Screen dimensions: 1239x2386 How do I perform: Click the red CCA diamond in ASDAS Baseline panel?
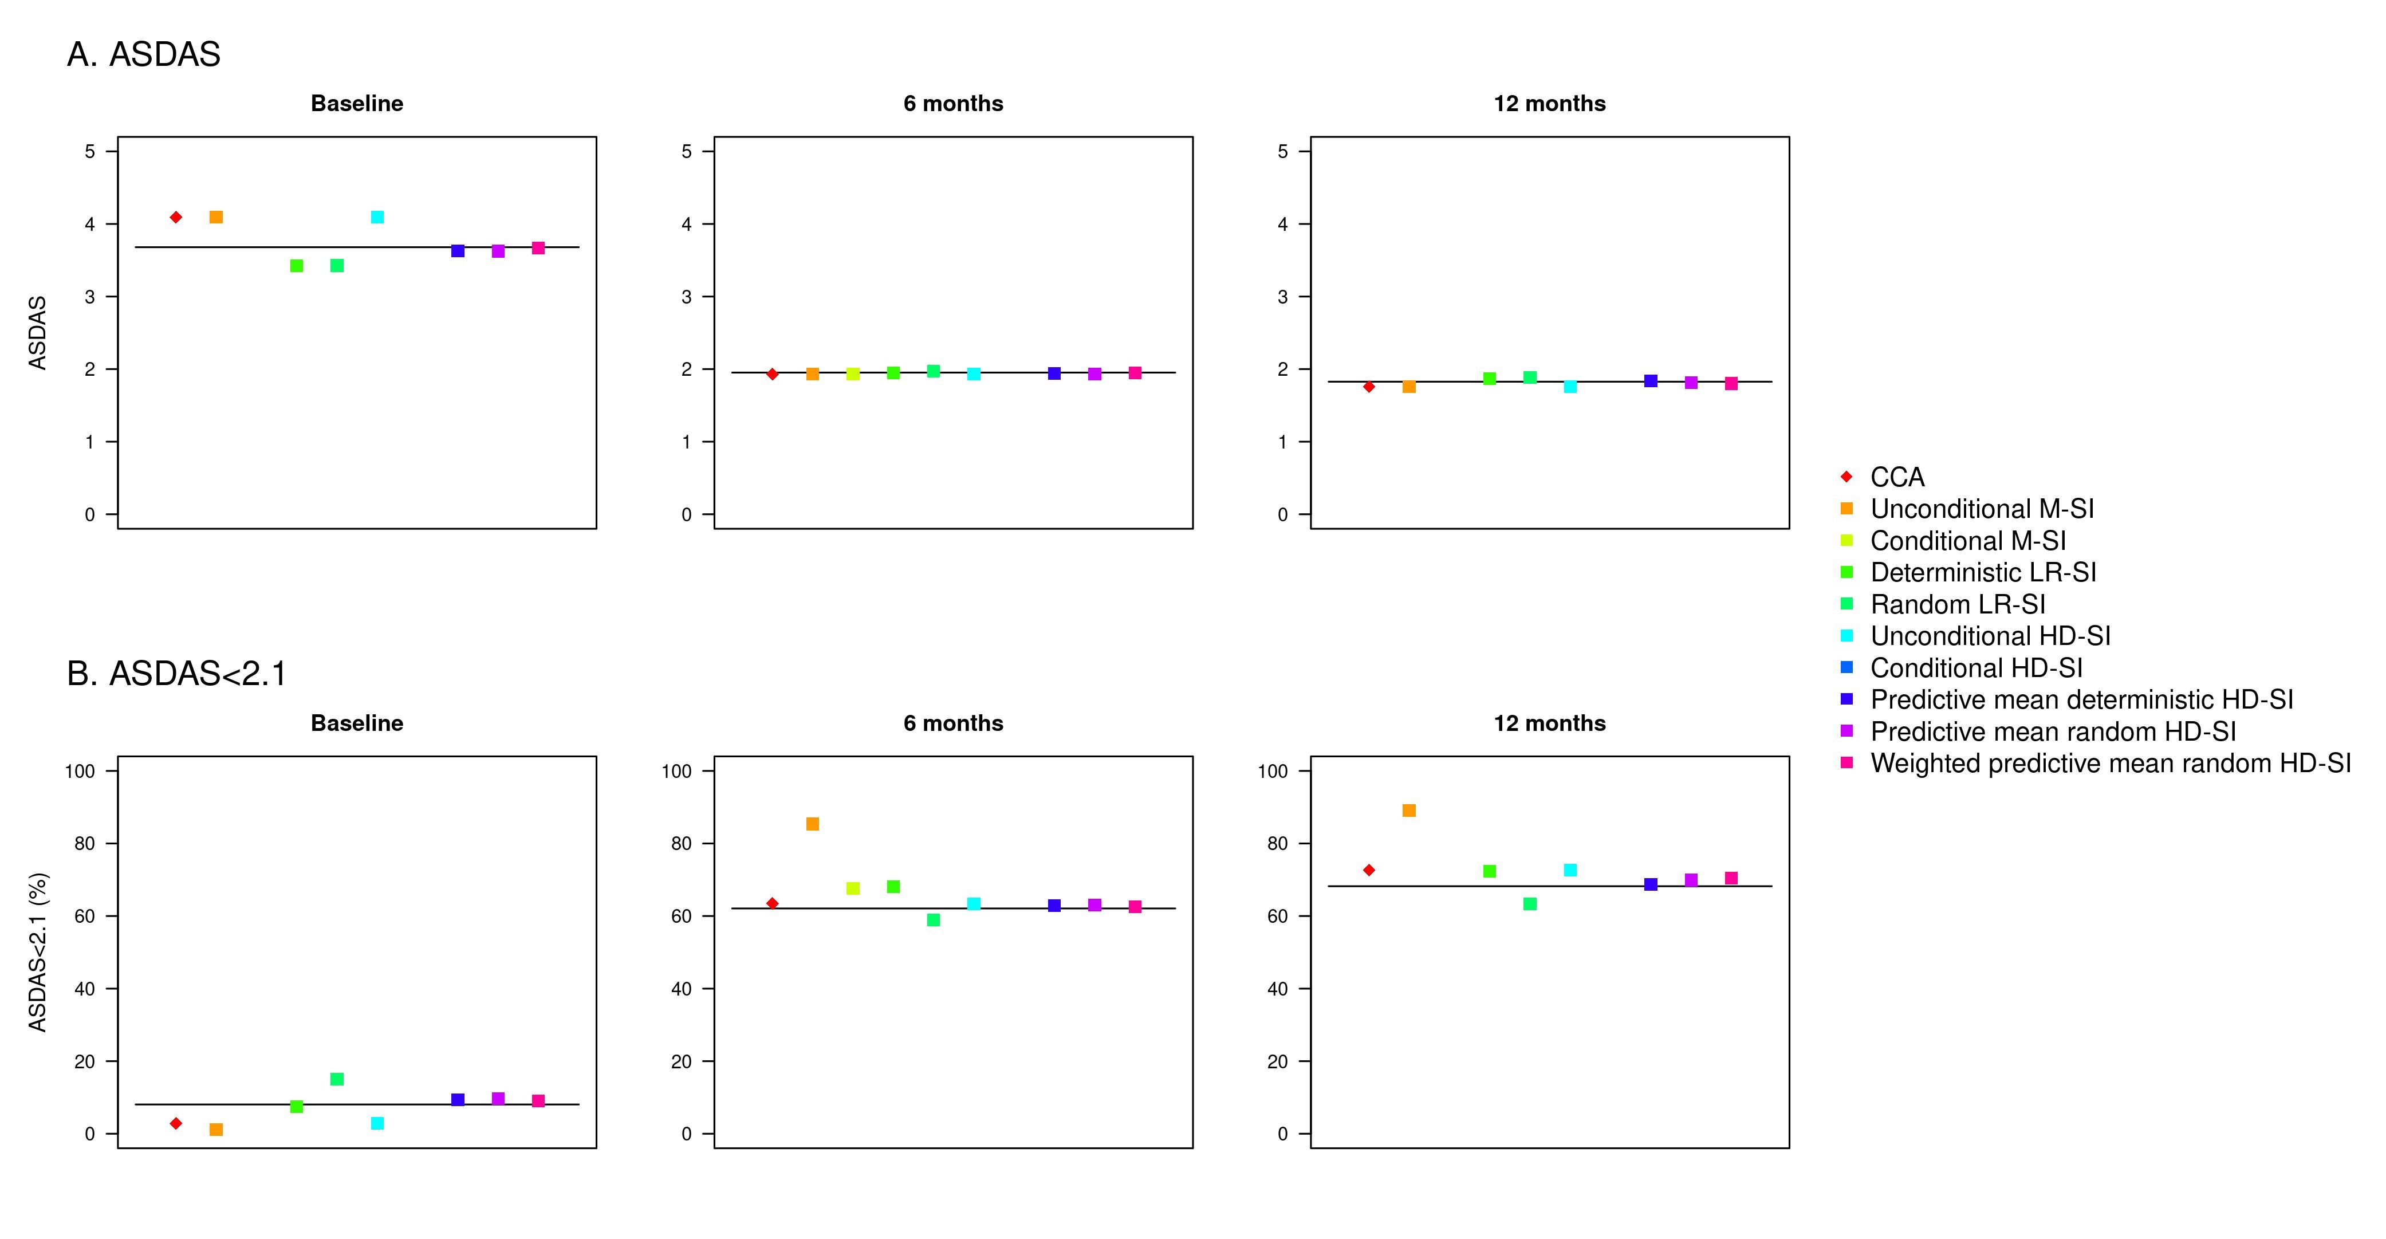coord(176,217)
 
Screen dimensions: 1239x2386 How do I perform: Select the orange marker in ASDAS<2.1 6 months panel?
coord(812,824)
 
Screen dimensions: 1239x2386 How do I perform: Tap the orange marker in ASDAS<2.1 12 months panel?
coord(1409,810)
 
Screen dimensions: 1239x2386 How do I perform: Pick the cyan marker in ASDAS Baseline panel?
coord(377,217)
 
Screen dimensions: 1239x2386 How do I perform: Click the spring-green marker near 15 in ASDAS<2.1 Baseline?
coord(337,1079)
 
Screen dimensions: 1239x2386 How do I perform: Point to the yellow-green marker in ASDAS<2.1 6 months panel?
coord(853,888)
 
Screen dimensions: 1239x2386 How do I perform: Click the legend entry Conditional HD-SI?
coord(1976,667)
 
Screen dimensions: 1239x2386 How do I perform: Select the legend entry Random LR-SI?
coord(1957,604)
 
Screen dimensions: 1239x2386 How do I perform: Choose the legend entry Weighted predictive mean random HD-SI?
coord(2110,762)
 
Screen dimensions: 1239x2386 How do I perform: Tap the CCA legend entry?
coord(1897,477)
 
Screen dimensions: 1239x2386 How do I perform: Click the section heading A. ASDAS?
coord(144,54)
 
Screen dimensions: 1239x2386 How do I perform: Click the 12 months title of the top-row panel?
coord(1550,104)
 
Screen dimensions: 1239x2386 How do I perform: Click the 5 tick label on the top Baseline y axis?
coord(90,151)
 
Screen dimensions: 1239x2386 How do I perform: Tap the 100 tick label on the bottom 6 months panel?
coord(677,771)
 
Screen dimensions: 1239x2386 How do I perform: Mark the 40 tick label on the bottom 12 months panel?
coord(1277,989)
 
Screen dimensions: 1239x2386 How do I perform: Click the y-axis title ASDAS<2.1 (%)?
coord(38,951)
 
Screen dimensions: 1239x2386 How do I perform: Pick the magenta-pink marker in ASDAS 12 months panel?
coord(1731,384)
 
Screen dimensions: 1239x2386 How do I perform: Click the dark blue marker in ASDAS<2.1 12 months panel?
coord(1651,884)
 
